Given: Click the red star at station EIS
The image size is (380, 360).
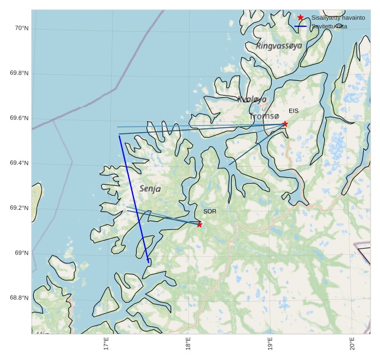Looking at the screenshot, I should coord(285,124).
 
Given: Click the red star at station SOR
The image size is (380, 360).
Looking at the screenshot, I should coord(200,225).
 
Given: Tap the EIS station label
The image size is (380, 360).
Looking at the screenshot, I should coord(294,111).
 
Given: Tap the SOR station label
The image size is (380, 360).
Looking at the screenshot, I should coord(210,211).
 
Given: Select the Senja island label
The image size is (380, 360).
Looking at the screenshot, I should coord(150,188).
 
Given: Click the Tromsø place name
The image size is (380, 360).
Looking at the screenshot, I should coord(264,116).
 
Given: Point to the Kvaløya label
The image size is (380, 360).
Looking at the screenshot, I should coord(252,99).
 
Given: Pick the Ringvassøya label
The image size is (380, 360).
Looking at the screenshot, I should coord(279,46).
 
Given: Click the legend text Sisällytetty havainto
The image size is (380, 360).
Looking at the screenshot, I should coord(338,18).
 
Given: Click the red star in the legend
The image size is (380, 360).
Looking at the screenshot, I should coord(300,18).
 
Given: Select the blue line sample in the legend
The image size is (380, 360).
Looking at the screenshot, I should coord(300,26).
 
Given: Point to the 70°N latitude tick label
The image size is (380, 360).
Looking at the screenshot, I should coord(21,28).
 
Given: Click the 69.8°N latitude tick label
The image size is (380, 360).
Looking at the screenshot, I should coord(19,73).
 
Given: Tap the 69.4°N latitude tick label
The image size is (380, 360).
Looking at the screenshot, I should coord(19,163).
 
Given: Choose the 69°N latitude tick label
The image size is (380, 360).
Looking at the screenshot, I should coord(21,253).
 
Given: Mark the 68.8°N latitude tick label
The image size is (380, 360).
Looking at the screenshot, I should coord(19,298).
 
